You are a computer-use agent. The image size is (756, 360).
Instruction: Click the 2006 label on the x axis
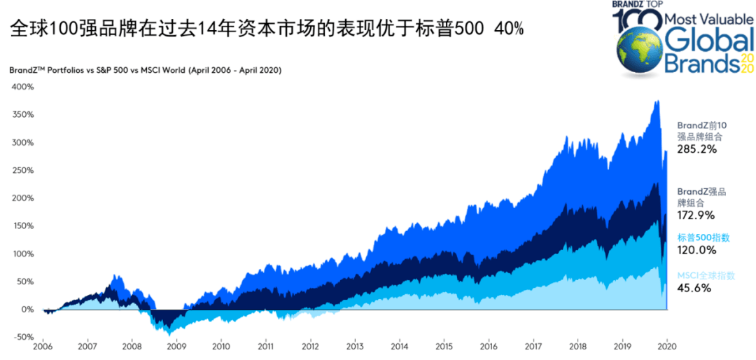click(x=43, y=347)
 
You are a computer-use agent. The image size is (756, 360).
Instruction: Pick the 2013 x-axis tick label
click(x=355, y=347)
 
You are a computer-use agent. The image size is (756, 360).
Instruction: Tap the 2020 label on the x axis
click(x=666, y=347)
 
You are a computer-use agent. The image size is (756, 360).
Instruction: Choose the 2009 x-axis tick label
click(x=177, y=347)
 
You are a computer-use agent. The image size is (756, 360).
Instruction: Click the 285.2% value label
click(x=696, y=149)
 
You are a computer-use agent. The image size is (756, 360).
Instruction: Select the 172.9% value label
click(x=696, y=216)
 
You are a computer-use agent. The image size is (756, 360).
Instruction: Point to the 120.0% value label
click(x=696, y=250)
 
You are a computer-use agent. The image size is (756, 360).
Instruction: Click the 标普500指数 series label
click(x=703, y=237)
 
